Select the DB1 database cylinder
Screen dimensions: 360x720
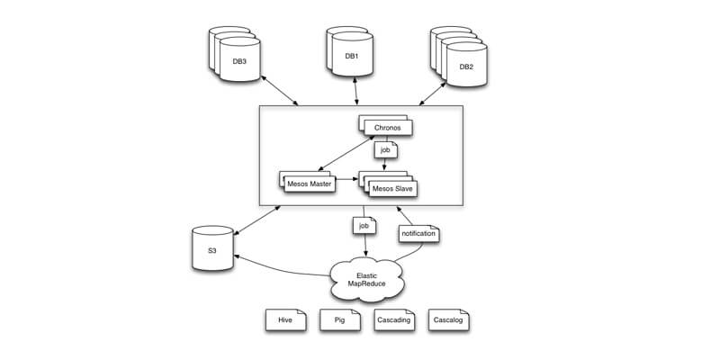coord(352,54)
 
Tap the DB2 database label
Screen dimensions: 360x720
coord(466,67)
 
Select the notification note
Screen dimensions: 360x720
coord(418,233)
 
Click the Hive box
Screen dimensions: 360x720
coord(286,320)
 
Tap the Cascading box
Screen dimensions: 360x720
coord(393,320)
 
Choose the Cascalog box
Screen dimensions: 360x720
coord(448,320)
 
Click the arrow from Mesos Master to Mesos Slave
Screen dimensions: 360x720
coord(347,180)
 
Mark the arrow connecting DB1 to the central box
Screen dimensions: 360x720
coord(357,90)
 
